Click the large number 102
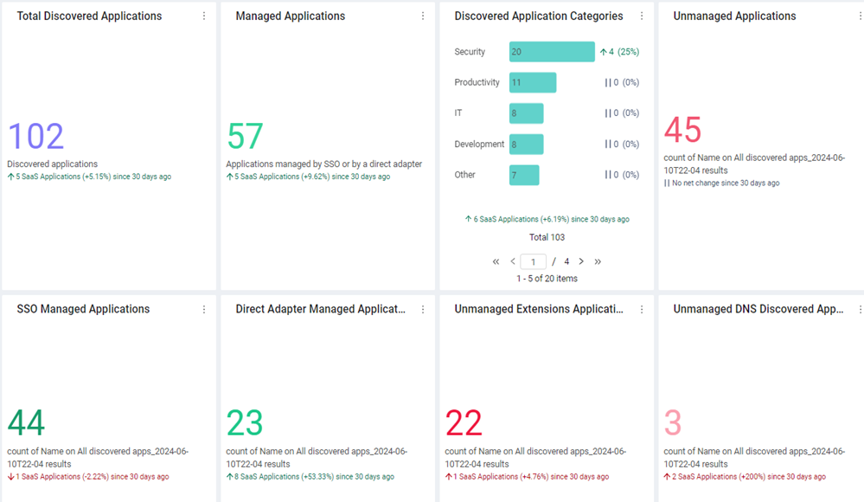click(35, 136)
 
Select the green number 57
click(245, 136)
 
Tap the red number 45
click(682, 130)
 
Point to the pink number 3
click(673, 422)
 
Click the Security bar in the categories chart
click(552, 51)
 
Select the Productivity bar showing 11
click(532, 82)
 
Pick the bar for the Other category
click(524, 175)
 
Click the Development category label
click(479, 144)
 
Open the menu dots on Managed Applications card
click(423, 16)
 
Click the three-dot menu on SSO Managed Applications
click(204, 310)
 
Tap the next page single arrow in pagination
click(581, 261)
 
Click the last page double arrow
click(598, 261)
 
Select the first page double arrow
click(496, 261)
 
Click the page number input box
click(533, 261)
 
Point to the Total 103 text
click(547, 237)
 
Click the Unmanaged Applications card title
click(734, 16)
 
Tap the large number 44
click(26, 422)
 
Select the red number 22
click(464, 422)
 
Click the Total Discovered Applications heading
click(89, 16)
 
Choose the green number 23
click(245, 422)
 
